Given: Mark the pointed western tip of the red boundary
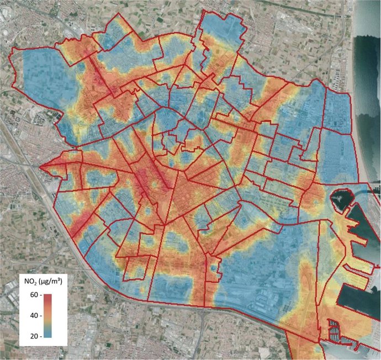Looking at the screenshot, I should tap(40, 165).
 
